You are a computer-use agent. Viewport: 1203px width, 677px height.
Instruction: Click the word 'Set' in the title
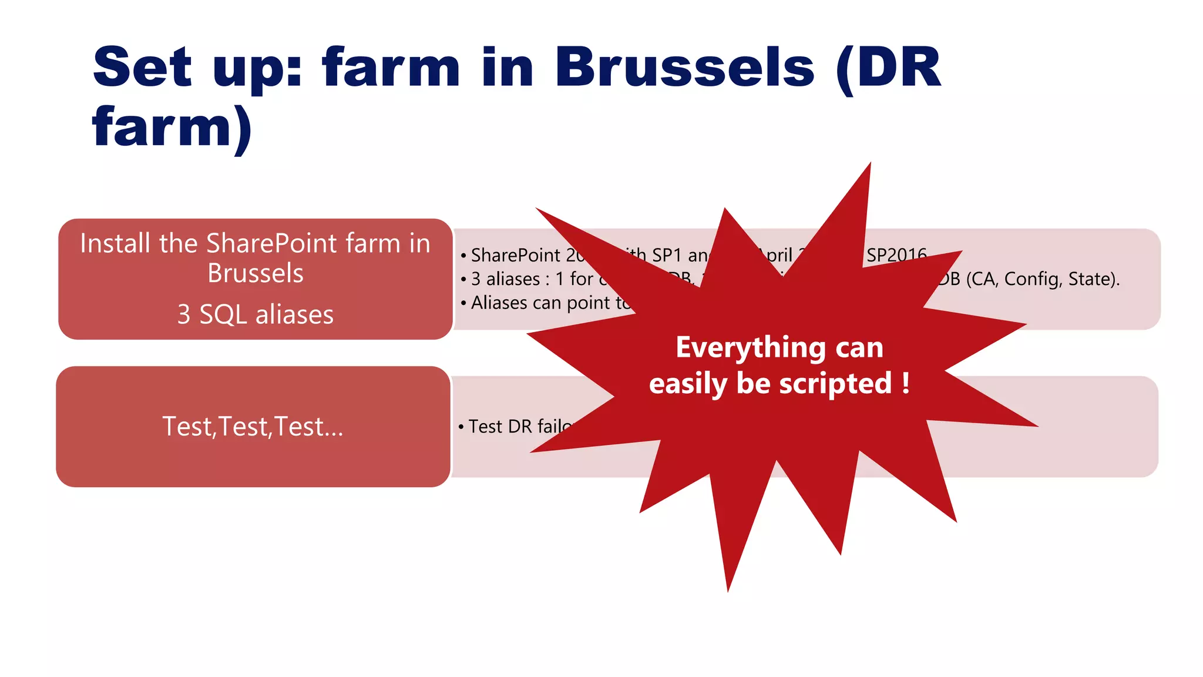click(143, 67)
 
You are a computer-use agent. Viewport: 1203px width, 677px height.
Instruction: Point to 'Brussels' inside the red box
click(256, 273)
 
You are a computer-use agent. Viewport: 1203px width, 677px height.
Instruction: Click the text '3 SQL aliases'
click(256, 314)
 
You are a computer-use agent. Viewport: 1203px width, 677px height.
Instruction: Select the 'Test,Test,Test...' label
click(253, 427)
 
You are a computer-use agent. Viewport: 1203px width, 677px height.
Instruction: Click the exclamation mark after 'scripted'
click(906, 383)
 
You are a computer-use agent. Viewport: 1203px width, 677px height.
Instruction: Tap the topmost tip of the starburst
click(870, 165)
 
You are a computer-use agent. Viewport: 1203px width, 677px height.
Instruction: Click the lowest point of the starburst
click(728, 589)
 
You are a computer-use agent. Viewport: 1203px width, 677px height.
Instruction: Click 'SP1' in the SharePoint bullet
click(667, 255)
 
